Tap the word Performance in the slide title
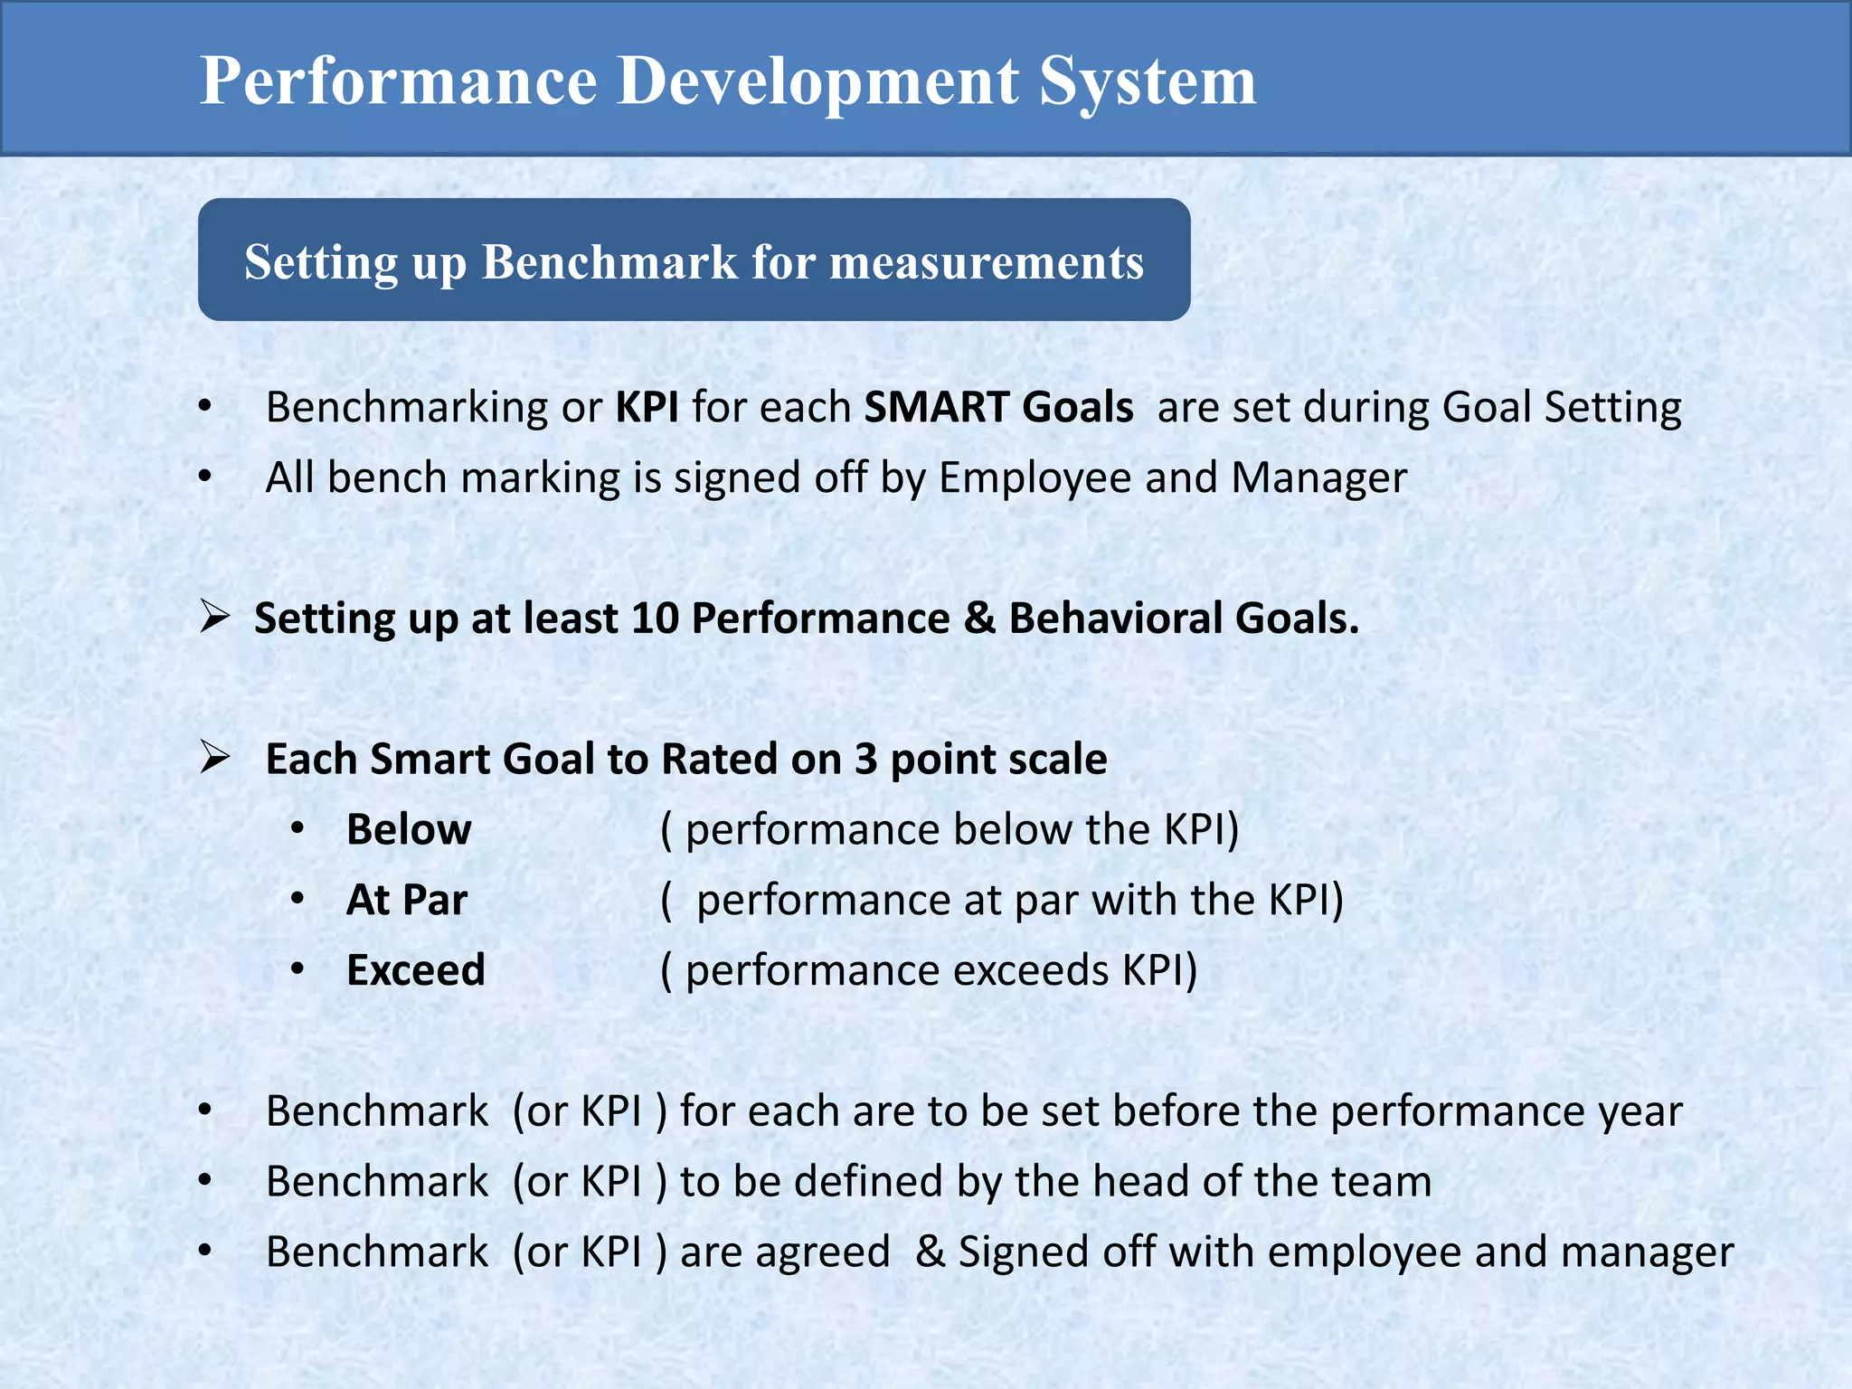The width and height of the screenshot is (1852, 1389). [398, 81]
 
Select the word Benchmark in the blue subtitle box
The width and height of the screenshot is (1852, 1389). [609, 262]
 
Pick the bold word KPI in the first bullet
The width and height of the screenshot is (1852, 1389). [647, 407]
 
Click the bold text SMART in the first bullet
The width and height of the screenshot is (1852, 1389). [936, 407]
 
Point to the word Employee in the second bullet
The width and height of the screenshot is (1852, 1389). [1035, 477]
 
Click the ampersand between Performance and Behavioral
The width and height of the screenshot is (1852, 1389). [978, 619]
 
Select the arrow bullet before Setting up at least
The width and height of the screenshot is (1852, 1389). [215, 617]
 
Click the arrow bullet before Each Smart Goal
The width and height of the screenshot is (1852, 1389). [215, 757]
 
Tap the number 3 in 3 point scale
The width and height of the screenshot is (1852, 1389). [865, 759]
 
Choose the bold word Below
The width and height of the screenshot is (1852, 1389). [409, 829]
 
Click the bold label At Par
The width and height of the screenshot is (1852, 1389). [407, 900]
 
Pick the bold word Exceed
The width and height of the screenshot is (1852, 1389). [416, 970]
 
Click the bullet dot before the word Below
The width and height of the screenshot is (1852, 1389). [298, 828]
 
